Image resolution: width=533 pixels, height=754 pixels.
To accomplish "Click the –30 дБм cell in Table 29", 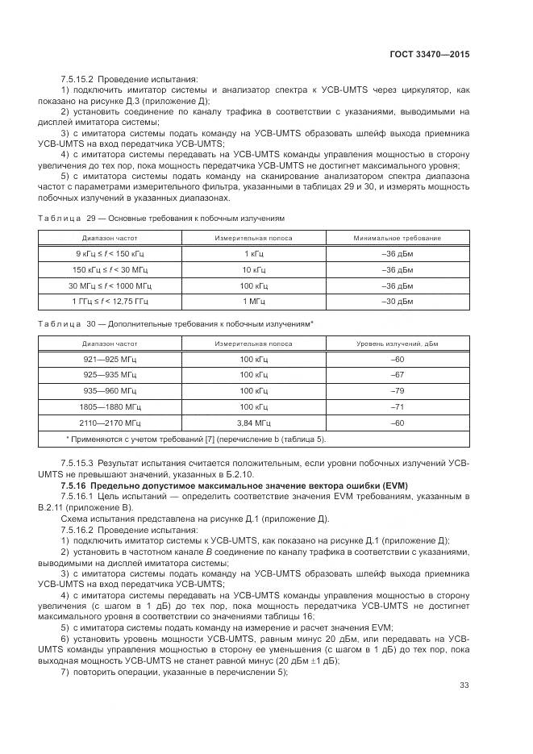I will [x=397, y=301].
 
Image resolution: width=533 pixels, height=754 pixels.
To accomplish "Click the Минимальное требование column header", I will [x=397, y=238].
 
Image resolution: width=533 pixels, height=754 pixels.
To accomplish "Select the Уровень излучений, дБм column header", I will [x=397, y=344].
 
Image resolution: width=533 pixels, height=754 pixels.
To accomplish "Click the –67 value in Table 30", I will [x=397, y=375].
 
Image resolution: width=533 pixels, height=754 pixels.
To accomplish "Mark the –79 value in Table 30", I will [x=397, y=390].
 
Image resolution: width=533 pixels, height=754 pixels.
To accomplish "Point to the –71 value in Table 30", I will [x=397, y=406].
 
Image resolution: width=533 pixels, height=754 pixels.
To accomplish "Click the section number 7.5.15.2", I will [x=77, y=79].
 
